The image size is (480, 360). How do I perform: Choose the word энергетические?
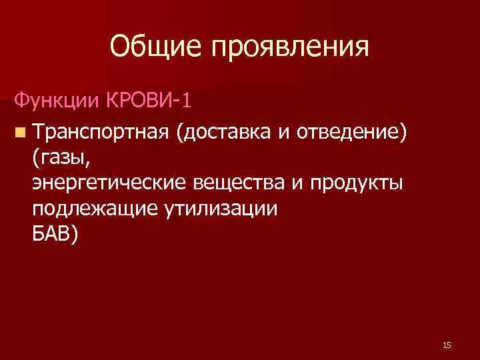[x=111, y=183]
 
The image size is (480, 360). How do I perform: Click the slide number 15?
[x=447, y=345]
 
